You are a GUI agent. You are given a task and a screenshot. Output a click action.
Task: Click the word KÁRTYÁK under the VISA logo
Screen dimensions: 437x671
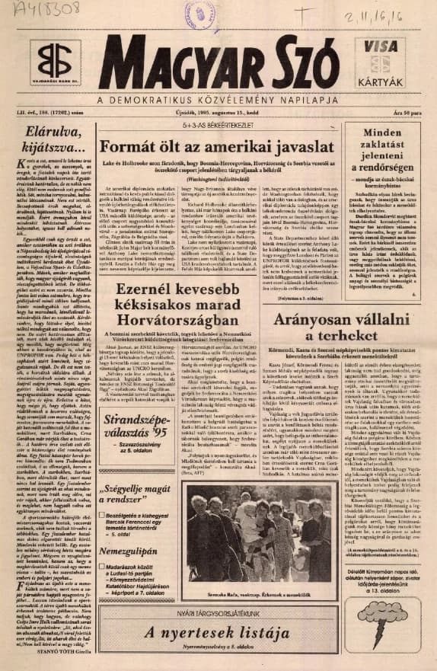tap(381, 78)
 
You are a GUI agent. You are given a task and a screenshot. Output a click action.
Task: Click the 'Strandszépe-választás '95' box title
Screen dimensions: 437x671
tap(136, 425)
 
